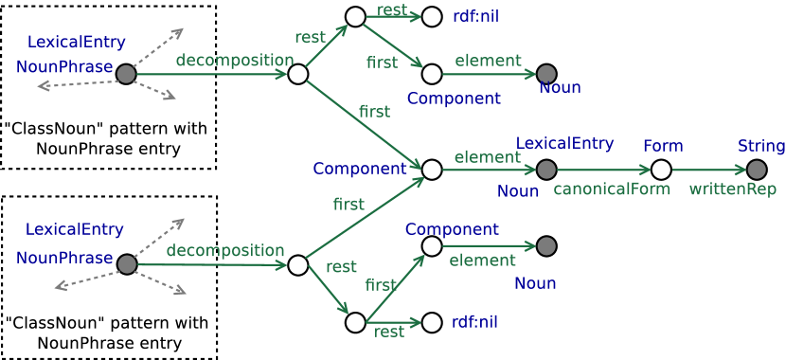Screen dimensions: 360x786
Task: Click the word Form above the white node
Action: [663, 146]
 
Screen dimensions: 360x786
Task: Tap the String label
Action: [761, 146]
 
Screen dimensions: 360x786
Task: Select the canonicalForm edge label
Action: [611, 189]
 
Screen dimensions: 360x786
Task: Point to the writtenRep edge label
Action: [732, 189]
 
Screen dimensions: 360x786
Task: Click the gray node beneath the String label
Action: [757, 170]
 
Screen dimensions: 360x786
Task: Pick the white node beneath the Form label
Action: [661, 170]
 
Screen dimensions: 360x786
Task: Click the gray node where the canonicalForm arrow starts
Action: [546, 170]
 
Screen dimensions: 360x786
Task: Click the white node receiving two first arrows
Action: [432, 170]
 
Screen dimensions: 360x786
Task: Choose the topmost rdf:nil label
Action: [475, 16]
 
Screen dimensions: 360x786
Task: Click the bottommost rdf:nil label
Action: [474, 322]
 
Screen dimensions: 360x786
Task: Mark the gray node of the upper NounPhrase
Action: [126, 74]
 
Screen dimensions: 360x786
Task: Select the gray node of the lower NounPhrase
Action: [126, 264]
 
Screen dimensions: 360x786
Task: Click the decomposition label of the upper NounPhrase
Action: [234, 60]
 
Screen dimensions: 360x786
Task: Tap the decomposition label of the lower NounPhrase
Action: [225, 250]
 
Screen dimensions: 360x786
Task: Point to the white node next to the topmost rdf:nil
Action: [432, 16]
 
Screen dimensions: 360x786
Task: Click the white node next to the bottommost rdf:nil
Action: [432, 322]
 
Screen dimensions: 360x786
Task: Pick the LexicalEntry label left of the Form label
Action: [564, 143]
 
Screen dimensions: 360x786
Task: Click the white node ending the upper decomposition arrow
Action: [298, 74]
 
